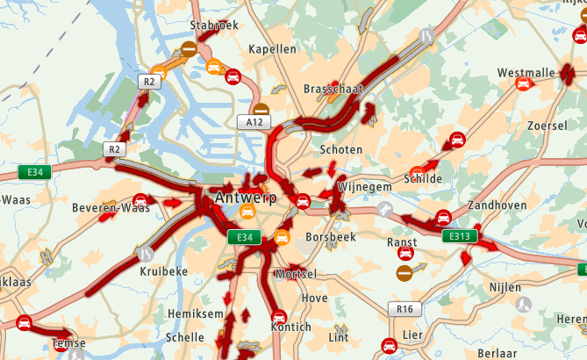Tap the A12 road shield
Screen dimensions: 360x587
[254, 123]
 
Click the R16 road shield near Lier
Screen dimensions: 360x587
[404, 309]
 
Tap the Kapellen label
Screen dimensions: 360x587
[273, 49]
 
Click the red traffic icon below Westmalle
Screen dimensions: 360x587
[524, 84]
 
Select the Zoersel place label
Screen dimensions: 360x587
[548, 126]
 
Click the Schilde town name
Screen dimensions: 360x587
[423, 178]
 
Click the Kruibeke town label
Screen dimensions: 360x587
[164, 272]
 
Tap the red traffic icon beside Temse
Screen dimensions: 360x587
[24, 323]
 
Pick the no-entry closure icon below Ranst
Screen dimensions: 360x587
[404, 274]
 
